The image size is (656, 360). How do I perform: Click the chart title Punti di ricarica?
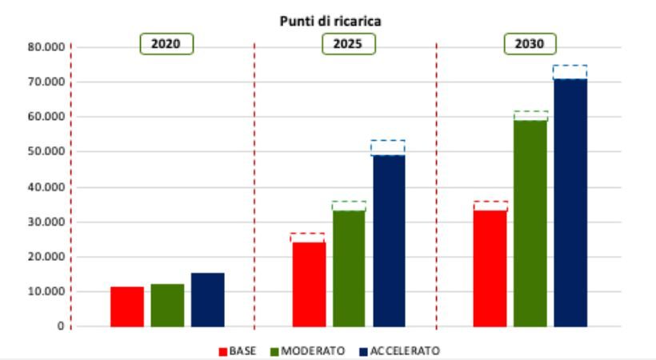tap(330, 21)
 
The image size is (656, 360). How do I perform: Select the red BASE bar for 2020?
tap(127, 306)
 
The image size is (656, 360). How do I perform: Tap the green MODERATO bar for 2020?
tap(167, 305)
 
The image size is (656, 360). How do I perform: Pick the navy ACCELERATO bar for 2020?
tap(207, 300)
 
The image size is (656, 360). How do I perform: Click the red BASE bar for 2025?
tap(309, 284)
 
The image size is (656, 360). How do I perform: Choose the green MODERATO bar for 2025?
tap(349, 268)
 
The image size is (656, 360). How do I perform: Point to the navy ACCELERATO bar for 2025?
tap(389, 241)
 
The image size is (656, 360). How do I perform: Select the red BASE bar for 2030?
tap(490, 268)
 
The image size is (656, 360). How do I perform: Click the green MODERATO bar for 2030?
tap(530, 223)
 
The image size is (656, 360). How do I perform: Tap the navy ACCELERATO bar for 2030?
tap(570, 202)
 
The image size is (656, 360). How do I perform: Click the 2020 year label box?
tap(166, 44)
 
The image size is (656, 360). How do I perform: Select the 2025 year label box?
tap(349, 44)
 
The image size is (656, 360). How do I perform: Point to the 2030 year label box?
tap(530, 44)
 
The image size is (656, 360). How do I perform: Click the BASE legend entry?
tap(238, 350)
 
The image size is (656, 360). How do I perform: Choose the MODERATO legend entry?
tap(307, 350)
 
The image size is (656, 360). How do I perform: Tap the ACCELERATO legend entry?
tap(399, 350)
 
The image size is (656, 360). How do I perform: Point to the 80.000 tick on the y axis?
tap(46, 47)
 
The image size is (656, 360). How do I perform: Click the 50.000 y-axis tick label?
tap(46, 151)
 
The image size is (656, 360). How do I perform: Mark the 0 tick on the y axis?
tap(61, 326)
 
